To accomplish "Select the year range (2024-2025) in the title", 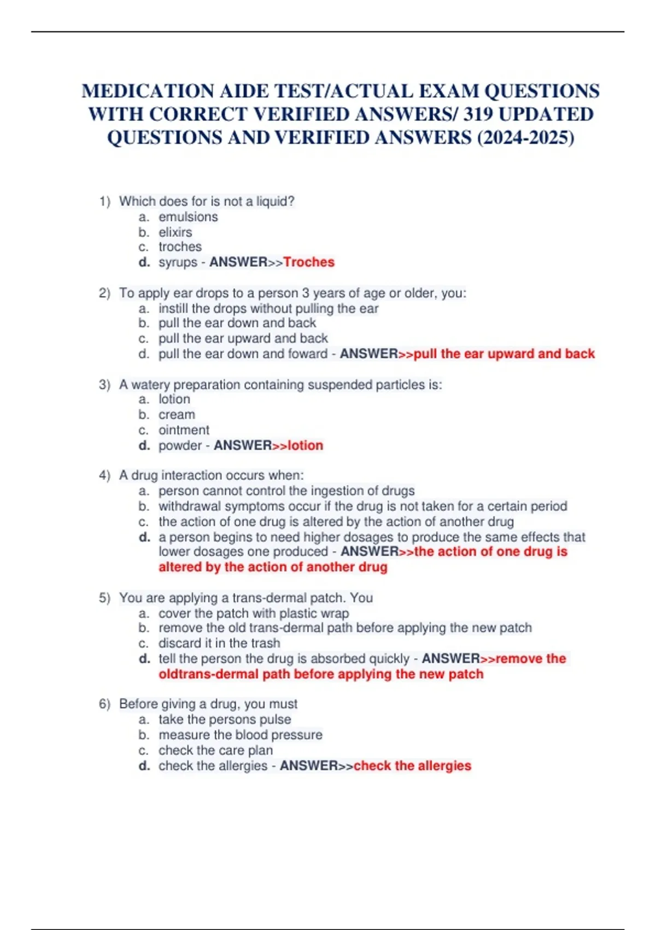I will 526,138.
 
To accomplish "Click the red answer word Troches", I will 309,262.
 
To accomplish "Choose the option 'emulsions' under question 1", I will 188,217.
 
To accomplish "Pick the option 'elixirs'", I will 175,232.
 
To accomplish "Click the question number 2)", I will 104,293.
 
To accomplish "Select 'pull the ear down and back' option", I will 237,323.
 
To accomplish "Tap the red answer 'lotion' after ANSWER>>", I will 306,445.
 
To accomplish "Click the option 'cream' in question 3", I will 177,415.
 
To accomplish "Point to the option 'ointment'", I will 184,430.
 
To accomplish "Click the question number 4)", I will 104,475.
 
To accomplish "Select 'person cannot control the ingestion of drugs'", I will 286,491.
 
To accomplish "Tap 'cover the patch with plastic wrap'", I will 254,613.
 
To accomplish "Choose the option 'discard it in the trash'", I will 219,643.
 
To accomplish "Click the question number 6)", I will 104,704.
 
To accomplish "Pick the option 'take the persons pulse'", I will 225,719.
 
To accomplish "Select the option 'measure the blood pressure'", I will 241,735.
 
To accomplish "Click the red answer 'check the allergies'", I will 412,766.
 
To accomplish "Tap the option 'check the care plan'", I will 215,751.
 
